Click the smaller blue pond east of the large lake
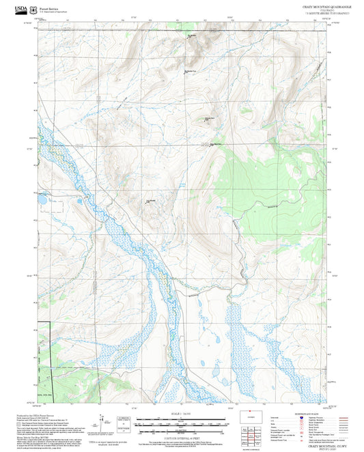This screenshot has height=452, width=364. pos(79,202)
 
